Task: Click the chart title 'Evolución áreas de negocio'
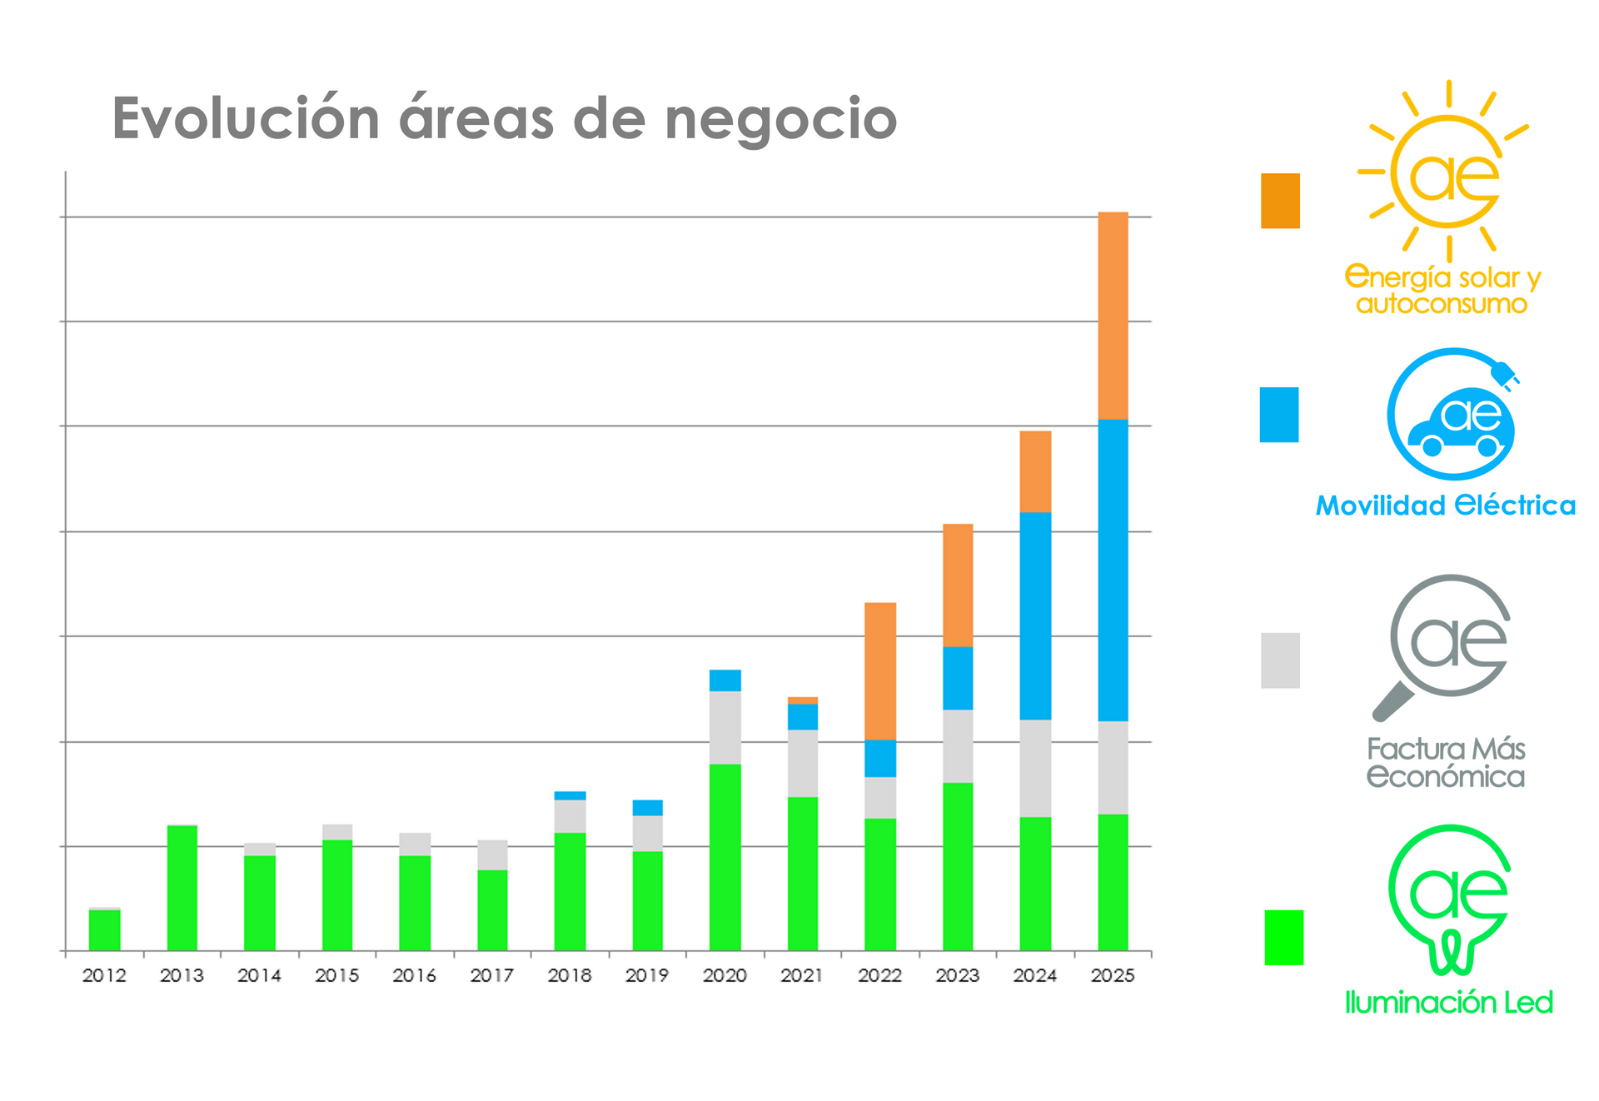point(505,118)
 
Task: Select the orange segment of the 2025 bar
point(1113,316)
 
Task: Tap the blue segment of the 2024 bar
point(1035,615)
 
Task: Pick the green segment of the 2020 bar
point(725,857)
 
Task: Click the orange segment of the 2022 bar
point(880,670)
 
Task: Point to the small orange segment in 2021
point(803,700)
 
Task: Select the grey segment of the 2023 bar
point(958,746)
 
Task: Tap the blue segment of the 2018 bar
point(570,795)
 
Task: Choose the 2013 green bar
point(182,888)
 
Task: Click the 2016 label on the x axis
point(414,975)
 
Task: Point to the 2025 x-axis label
point(1113,975)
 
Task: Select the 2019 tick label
point(647,975)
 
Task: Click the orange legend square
point(1280,201)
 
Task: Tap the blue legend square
point(1279,415)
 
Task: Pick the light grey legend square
point(1280,660)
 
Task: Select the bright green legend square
point(1283,938)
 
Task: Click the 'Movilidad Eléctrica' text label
point(1445,506)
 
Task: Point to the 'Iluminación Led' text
point(1448,1002)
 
